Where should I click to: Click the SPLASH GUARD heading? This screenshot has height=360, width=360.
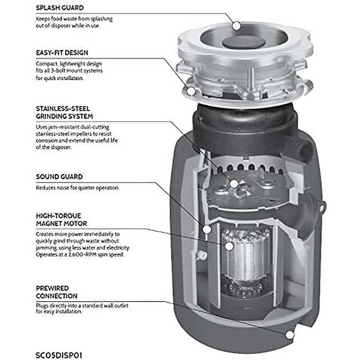pyautogui.click(x=59, y=8)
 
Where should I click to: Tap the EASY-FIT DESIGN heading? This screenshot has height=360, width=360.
pyautogui.click(x=62, y=53)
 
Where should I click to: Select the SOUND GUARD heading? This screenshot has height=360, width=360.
pyautogui.click(x=59, y=177)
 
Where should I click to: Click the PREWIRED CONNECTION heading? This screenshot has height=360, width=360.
pyautogui.click(x=57, y=292)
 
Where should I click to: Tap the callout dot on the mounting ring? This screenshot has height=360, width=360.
pyautogui.click(x=192, y=91)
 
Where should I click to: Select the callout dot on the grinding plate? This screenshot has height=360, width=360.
pyautogui.click(x=234, y=183)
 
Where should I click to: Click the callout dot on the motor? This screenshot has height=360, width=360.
pyautogui.click(x=229, y=246)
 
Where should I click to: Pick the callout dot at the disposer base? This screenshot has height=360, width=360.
pyautogui.click(x=290, y=334)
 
